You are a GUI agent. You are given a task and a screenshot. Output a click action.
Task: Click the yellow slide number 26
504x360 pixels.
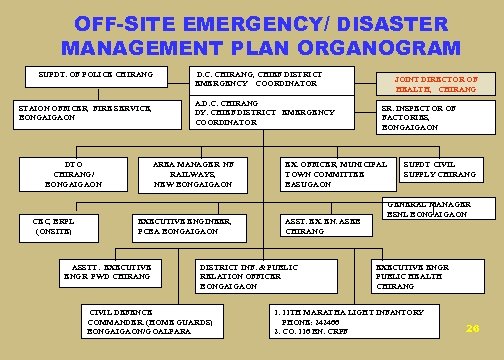coord(472,328)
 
